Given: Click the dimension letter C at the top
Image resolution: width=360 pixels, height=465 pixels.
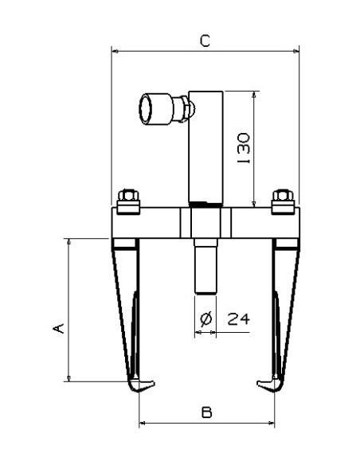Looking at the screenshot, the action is click(x=205, y=41).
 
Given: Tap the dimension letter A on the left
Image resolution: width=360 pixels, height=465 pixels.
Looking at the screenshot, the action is click(x=58, y=328).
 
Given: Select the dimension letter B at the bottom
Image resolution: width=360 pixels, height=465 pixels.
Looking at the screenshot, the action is click(x=207, y=412).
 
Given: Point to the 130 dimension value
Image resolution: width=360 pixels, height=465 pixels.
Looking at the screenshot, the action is click(x=244, y=148).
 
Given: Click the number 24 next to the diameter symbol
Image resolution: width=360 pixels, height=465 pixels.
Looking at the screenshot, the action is click(x=239, y=318).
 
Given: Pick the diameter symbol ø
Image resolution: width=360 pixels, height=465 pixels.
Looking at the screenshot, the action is click(x=205, y=319).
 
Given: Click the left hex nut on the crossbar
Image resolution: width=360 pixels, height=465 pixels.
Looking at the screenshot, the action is click(x=128, y=195).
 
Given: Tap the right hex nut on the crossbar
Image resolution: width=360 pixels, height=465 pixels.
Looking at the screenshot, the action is click(x=283, y=195).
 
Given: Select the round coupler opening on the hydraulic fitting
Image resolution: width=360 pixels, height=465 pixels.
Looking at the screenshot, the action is click(x=146, y=109).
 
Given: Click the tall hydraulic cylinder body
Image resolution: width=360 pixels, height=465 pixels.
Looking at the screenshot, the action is click(x=205, y=147).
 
